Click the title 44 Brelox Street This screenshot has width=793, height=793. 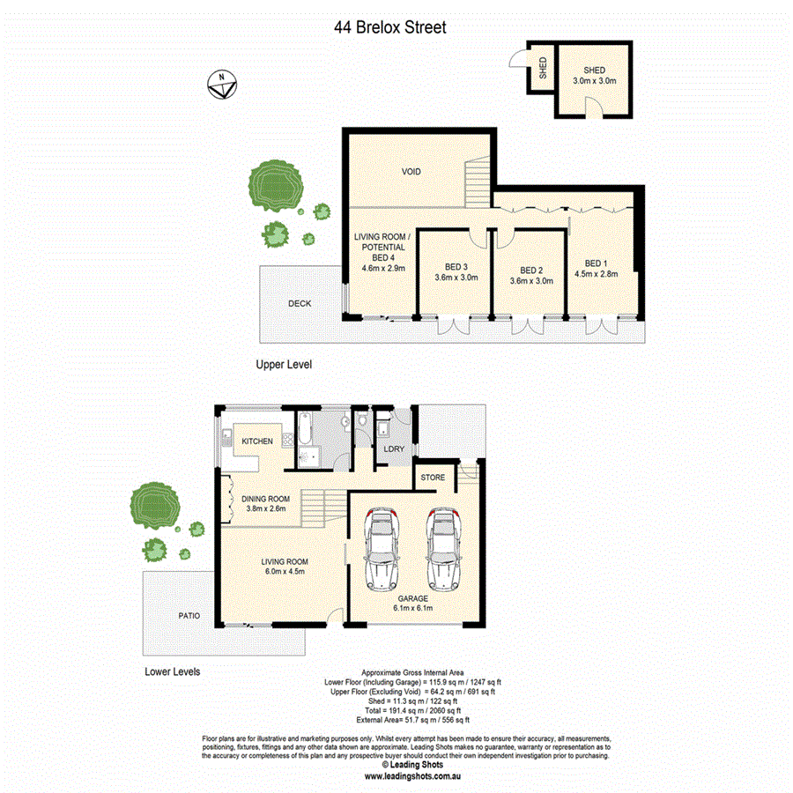(390, 27)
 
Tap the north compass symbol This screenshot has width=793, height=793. (220, 85)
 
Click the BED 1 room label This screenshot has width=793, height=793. (596, 263)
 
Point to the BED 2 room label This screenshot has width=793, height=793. (530, 271)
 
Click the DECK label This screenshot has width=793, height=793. (300, 304)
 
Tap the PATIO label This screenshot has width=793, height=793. (188, 616)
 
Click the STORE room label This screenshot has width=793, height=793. (433, 478)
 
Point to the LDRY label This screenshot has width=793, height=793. (394, 449)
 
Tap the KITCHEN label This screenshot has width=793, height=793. (257, 441)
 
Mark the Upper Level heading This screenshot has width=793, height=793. (284, 364)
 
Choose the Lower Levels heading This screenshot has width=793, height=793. (172, 671)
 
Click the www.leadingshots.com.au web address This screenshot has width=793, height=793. (413, 776)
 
